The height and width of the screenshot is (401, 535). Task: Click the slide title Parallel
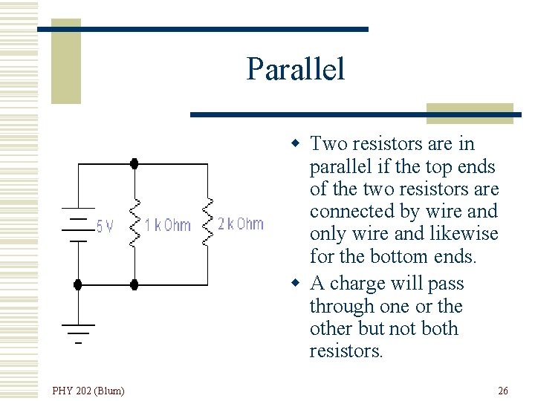point(296,69)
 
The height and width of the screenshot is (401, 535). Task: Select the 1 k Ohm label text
point(167,225)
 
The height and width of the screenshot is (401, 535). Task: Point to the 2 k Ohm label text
point(240,224)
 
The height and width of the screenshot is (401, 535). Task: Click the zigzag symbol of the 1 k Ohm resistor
point(134,223)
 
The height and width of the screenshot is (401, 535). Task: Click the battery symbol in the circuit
point(78,224)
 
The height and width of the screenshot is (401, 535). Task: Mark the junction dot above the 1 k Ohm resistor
point(134,164)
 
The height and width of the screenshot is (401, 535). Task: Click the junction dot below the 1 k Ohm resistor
point(134,284)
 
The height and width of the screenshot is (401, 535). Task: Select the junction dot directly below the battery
point(78,284)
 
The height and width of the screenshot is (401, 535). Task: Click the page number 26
point(503,391)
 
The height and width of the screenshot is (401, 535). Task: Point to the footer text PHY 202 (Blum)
point(88,391)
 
